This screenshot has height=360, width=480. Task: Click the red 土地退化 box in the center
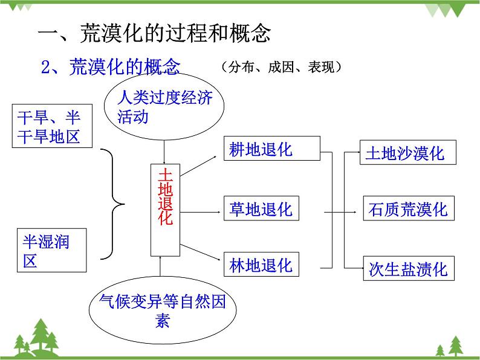[x=165, y=210]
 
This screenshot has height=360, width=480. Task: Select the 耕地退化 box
[x=271, y=149]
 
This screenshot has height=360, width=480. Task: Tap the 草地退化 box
[x=261, y=209]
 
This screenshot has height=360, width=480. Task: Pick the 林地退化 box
[x=261, y=265]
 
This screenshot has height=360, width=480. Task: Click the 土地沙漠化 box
[x=407, y=153]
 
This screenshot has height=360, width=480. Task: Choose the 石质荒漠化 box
[x=407, y=209]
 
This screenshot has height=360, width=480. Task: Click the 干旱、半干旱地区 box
[x=51, y=126]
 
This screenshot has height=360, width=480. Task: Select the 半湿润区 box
[x=51, y=250]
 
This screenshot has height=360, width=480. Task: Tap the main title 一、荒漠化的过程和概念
[x=154, y=34]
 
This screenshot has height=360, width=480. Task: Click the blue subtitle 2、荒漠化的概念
[x=110, y=67]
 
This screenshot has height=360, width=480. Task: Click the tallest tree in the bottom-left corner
[x=41, y=335]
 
